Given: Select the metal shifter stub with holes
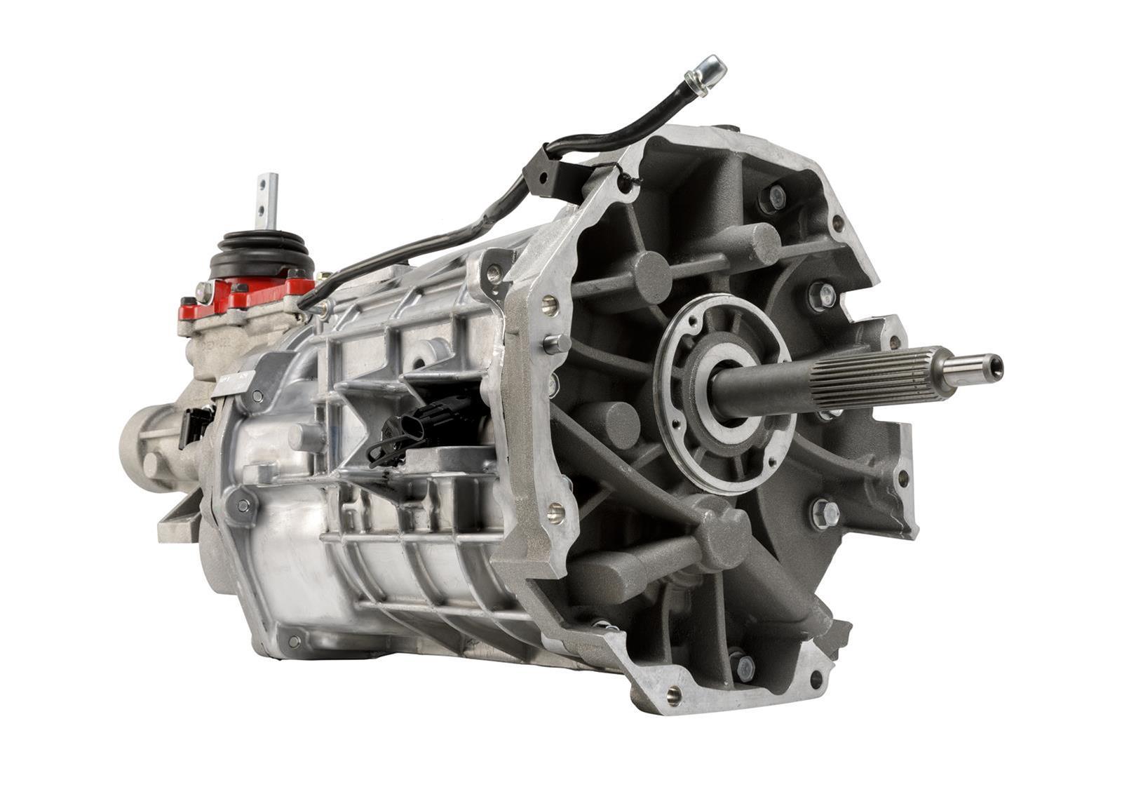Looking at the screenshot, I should click(268, 199).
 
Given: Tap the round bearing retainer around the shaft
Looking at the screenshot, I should click(722, 393).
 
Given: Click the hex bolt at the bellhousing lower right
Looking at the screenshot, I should click(825, 513).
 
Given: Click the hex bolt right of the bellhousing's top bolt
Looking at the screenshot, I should click(822, 295).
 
